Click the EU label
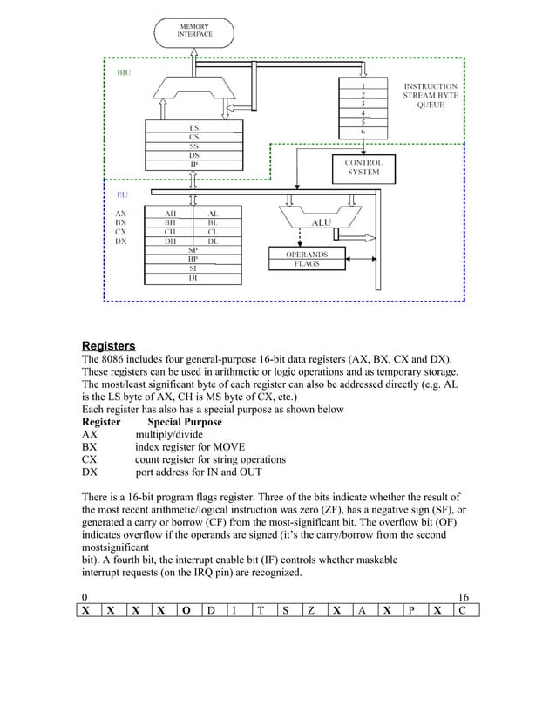coord(122,195)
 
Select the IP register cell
coord(193,164)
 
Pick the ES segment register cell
coord(193,126)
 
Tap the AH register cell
coord(173,213)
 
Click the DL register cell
coord(213,241)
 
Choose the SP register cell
coord(193,251)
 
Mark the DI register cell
coord(193,279)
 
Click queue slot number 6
coord(363,132)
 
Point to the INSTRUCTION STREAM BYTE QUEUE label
coord(430,95)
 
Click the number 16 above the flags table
coord(463,596)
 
